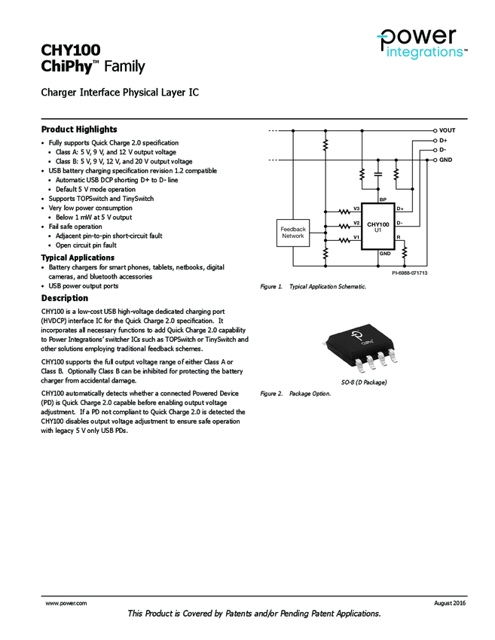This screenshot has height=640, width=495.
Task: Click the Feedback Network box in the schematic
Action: tap(293, 233)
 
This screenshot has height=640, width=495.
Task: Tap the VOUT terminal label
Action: tap(448, 130)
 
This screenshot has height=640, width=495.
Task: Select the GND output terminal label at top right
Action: tap(446, 160)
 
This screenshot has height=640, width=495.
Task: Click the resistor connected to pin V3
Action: tap(346, 211)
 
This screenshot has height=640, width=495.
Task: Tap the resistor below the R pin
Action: tap(405, 251)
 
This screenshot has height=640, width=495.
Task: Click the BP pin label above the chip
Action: tap(383, 200)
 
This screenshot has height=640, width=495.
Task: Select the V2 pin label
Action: tap(357, 223)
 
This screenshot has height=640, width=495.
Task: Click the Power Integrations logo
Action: tap(423, 44)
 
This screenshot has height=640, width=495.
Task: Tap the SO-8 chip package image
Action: tap(364, 347)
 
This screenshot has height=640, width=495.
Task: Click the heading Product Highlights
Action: tap(79, 130)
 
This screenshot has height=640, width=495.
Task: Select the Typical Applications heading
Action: tap(78, 258)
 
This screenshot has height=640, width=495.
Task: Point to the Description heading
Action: tap(64, 298)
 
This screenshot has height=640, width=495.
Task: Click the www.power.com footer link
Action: tap(66, 603)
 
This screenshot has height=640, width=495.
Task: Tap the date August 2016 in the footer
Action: tap(450, 603)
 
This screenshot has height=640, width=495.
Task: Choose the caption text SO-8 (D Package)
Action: tap(364, 382)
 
